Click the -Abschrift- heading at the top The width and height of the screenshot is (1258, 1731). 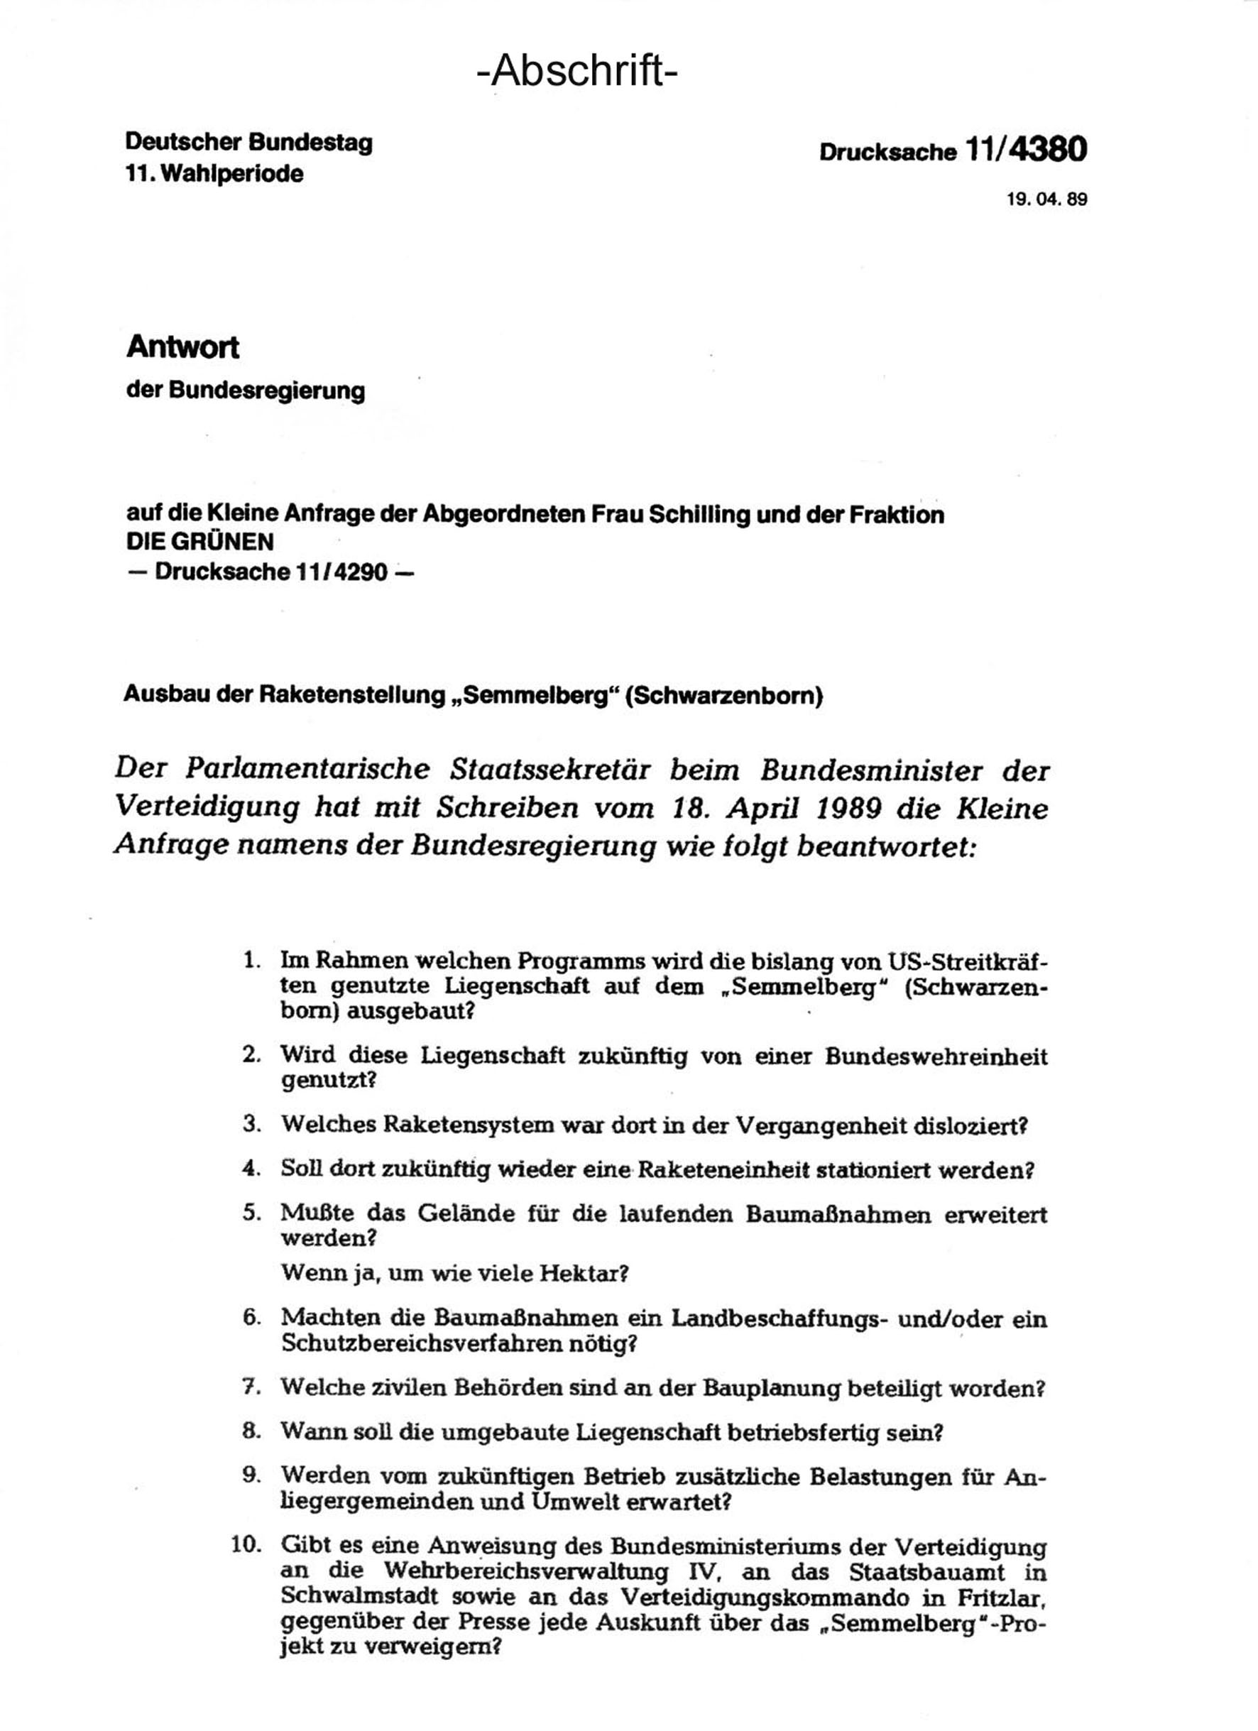[577, 72]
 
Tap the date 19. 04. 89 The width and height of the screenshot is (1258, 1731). [1046, 200]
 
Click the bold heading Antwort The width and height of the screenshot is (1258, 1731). [182, 347]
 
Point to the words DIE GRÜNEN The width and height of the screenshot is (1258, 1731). [200, 542]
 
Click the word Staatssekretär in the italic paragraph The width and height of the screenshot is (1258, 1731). [550, 770]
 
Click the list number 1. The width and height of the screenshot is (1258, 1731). [251, 960]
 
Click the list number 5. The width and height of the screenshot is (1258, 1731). [252, 1213]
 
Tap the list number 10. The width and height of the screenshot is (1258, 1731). [246, 1545]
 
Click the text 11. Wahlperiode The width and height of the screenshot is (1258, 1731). [214, 174]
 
